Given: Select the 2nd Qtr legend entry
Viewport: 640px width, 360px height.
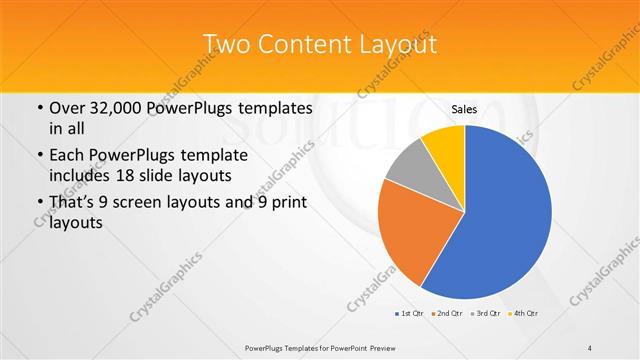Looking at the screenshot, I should pyautogui.click(x=449, y=314).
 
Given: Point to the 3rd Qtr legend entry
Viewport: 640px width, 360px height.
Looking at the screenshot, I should pyautogui.click(x=487, y=314).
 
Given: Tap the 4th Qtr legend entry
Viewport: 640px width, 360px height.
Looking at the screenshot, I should pyautogui.click(x=526, y=314).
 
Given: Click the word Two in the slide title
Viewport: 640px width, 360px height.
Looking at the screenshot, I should pyautogui.click(x=226, y=45).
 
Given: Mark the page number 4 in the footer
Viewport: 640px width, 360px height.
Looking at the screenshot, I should pyautogui.click(x=590, y=347).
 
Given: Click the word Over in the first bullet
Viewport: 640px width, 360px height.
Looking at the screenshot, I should pyautogui.click(x=66, y=108).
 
